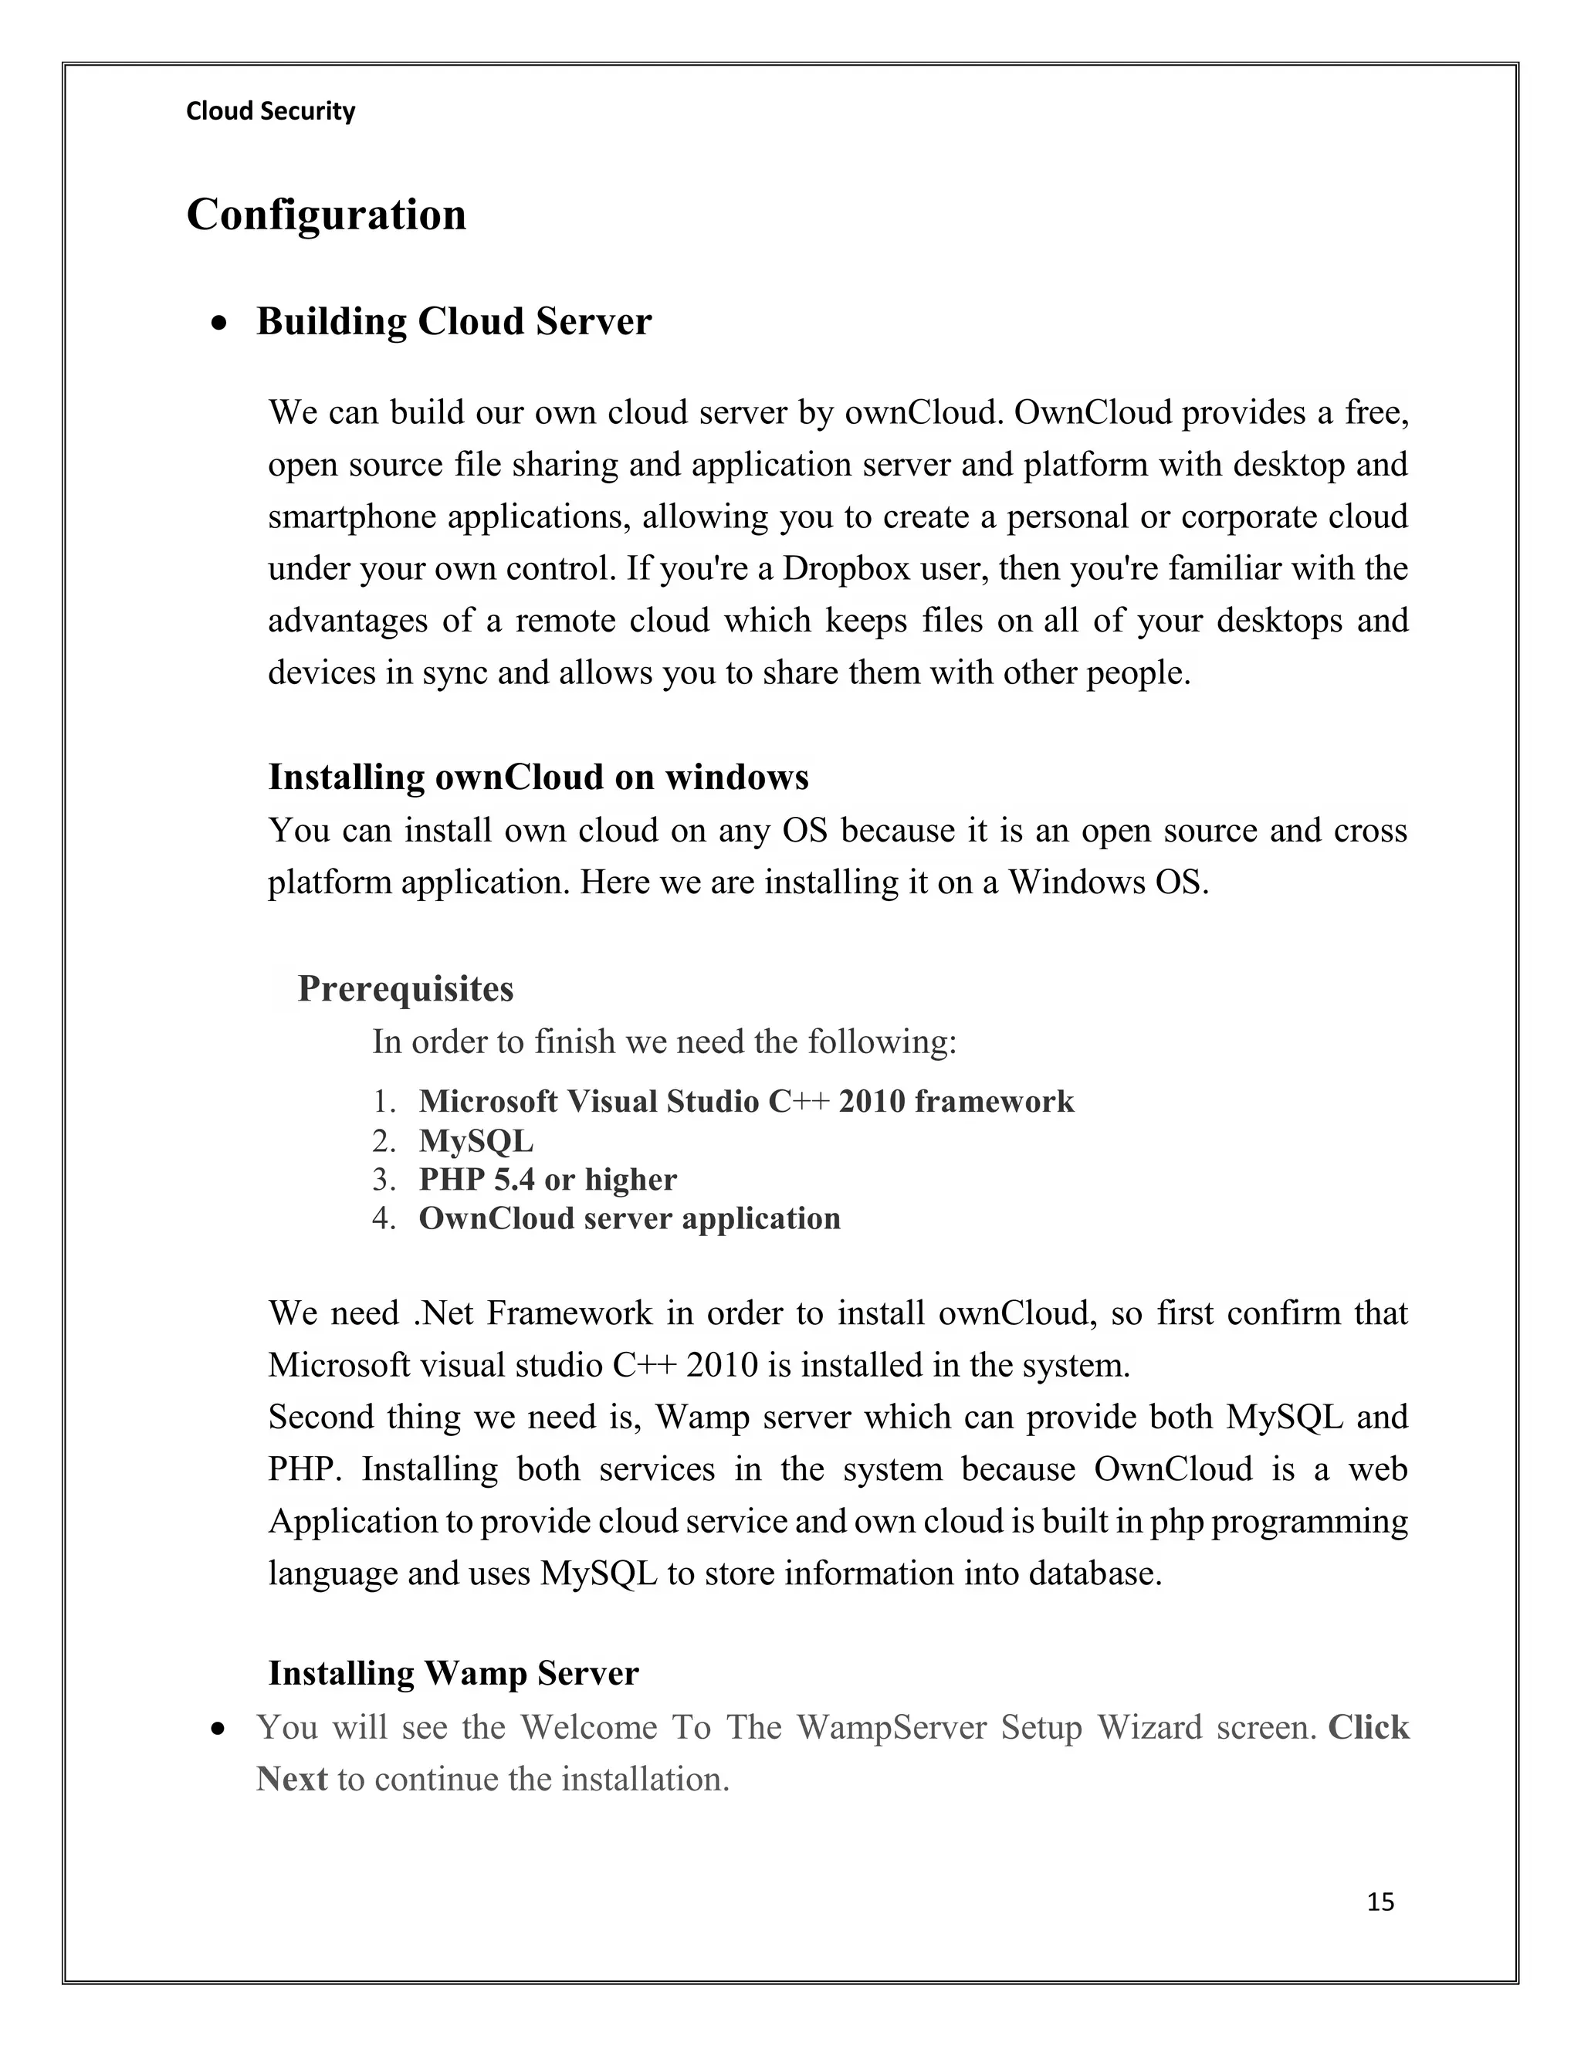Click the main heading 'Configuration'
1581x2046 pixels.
tap(326, 215)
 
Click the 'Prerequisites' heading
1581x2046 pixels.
tap(405, 989)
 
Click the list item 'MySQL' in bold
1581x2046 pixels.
tap(476, 1141)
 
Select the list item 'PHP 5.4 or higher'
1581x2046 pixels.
tap(547, 1180)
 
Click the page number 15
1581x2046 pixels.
tap(1380, 1902)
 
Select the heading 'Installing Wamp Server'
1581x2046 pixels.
tap(453, 1673)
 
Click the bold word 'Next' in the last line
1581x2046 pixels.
tap(291, 1778)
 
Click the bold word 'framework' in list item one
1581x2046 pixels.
tap(994, 1102)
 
